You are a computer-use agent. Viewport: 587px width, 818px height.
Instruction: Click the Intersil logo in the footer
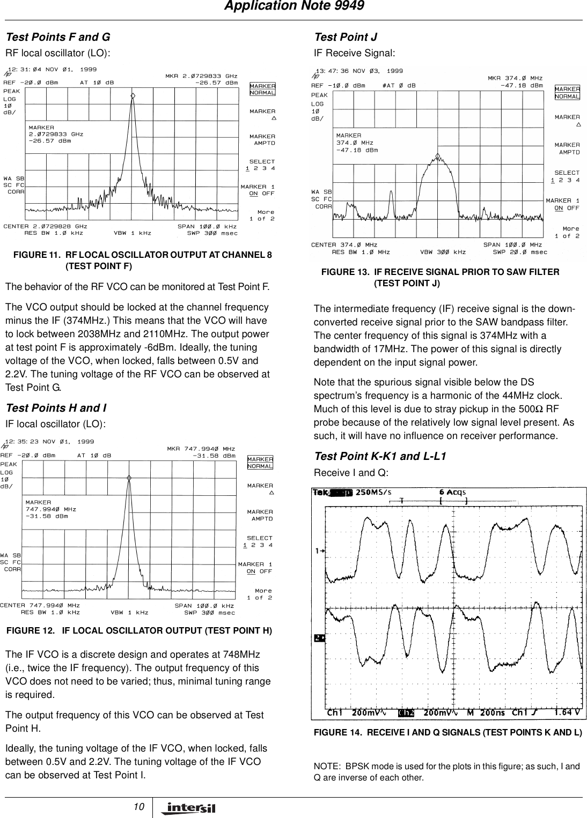tap(187, 807)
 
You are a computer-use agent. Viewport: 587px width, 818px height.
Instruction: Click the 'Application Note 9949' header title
tap(293, 6)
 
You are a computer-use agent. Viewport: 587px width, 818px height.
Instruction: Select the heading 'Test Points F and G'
tap(58, 37)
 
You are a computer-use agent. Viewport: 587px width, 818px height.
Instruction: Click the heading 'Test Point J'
tap(346, 37)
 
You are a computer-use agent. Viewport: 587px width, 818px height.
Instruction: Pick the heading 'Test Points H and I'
tap(56, 408)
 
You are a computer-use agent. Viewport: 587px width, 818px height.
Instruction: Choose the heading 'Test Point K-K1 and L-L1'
tap(380, 456)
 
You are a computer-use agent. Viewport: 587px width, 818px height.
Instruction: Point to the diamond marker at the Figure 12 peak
tap(129, 477)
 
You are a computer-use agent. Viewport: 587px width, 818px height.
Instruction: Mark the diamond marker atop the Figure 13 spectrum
tap(438, 157)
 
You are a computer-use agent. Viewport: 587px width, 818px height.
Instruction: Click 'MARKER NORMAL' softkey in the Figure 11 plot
tap(262, 89)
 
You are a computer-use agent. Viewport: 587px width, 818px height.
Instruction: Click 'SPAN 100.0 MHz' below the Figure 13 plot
tap(512, 245)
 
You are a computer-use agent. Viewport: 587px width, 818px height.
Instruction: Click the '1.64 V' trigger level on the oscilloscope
tap(567, 713)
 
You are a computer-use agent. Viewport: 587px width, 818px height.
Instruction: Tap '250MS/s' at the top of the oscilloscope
tap(373, 492)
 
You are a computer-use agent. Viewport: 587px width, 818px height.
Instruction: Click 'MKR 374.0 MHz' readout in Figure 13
tap(515, 78)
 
